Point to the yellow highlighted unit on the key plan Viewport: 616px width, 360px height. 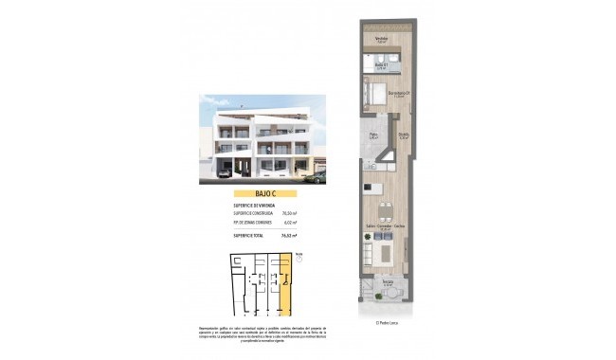(286, 284)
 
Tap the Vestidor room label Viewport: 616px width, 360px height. (381, 39)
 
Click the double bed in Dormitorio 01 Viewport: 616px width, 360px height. (371, 95)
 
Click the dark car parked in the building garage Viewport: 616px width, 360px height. (225, 173)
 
